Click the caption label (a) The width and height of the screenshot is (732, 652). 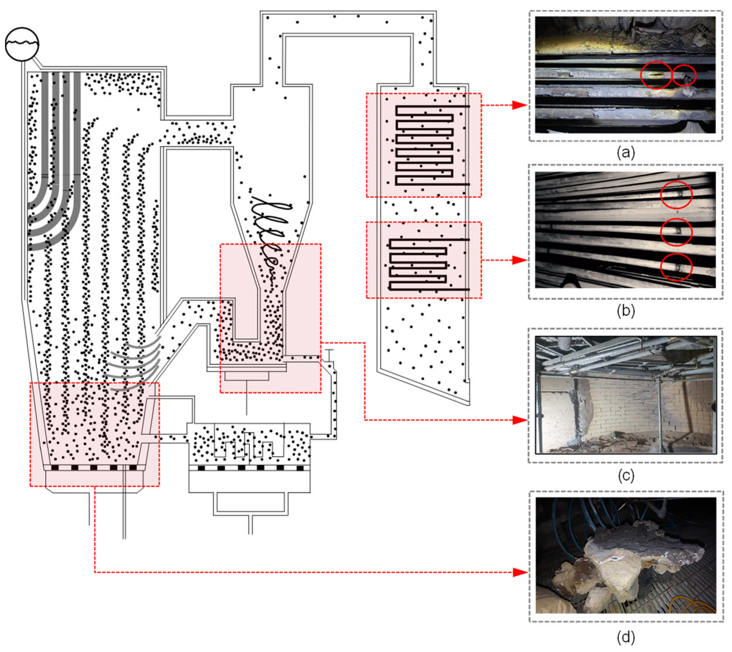point(625,153)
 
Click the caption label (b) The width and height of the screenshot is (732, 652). point(625,311)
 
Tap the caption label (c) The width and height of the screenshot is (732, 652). point(625,475)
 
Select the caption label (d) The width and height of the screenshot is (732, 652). point(625,637)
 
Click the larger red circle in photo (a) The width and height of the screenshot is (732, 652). point(656,75)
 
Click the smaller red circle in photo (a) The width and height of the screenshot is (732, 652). point(684,76)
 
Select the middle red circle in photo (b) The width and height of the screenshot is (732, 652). point(676,232)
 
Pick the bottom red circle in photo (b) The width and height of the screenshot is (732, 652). point(676,267)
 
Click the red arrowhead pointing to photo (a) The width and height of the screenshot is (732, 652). point(520,105)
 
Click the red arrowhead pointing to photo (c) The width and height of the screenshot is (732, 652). point(520,420)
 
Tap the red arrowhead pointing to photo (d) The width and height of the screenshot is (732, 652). point(520,573)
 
